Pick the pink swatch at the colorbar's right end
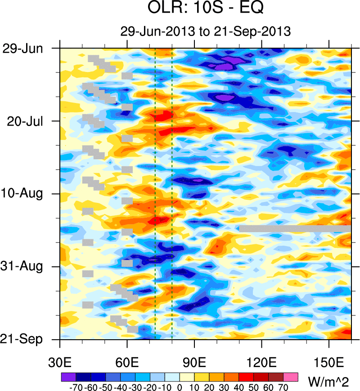(291, 377)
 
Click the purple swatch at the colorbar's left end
(67, 377)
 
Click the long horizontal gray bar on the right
(295, 229)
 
